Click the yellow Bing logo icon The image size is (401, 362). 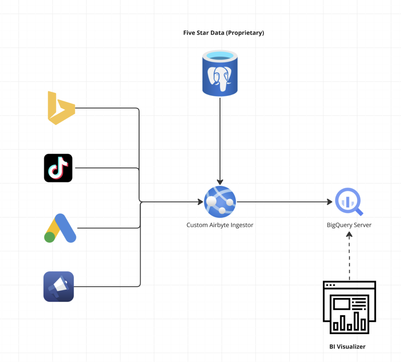coord(61,108)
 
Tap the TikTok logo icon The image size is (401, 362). coord(58,168)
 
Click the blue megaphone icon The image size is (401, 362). coord(58,286)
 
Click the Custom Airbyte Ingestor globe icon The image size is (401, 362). coord(220,202)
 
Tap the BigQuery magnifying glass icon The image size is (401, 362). coord(348,202)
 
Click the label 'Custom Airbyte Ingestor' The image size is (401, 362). coord(220,225)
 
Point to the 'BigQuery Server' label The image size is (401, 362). coord(349,225)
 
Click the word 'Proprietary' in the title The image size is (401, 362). coord(246,33)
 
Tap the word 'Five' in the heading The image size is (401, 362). coord(189,33)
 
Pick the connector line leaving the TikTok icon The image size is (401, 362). coord(106,168)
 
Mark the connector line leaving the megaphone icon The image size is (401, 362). coord(106,286)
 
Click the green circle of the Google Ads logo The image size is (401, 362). coord(49,237)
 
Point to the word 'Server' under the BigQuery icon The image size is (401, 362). coord(362,225)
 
